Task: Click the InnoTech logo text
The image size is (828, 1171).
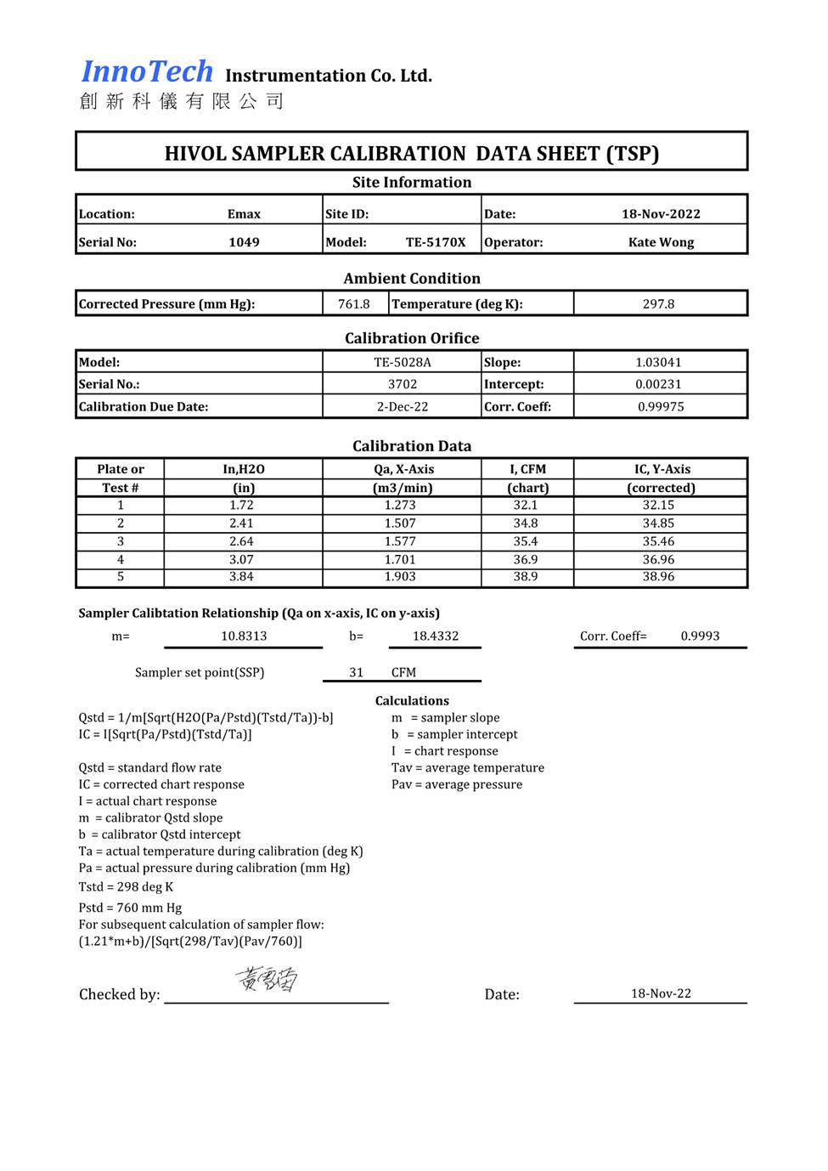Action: [147, 72]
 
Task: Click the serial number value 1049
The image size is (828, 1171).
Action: [244, 242]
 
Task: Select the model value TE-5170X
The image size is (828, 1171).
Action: [436, 242]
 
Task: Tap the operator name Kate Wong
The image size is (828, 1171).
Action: [661, 242]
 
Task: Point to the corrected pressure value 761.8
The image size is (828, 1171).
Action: [354, 304]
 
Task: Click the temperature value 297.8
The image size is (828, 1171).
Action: [658, 304]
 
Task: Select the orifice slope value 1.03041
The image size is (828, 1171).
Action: [658, 362]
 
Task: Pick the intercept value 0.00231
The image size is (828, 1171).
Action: [658, 384]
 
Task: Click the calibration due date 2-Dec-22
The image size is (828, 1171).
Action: [403, 407]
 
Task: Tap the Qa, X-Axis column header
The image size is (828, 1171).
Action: [403, 469]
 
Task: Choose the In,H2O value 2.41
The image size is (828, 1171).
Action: [241, 523]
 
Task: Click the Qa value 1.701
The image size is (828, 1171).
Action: [400, 560]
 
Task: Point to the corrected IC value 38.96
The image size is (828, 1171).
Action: [658, 577]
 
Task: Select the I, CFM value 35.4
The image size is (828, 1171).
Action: [525, 541]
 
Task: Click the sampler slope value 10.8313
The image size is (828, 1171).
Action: [244, 636]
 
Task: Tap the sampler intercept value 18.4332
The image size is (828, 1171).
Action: [436, 636]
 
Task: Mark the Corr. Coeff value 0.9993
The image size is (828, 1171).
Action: [700, 636]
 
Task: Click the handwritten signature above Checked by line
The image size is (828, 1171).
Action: [267, 980]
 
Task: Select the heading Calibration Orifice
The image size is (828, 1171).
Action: [412, 338]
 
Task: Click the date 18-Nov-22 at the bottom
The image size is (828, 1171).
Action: [661, 993]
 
